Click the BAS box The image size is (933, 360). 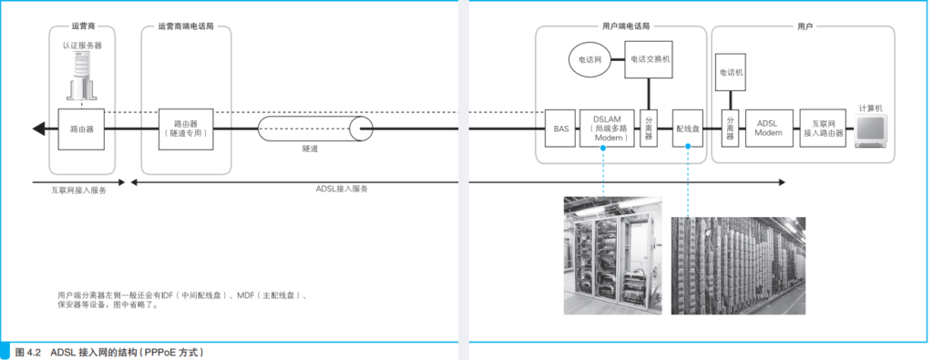click(x=561, y=128)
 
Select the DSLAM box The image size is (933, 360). click(x=607, y=128)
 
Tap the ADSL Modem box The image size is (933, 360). click(x=769, y=128)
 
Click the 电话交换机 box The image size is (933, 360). click(x=648, y=59)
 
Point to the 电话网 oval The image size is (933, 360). click(x=590, y=60)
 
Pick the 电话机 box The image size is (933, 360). click(x=732, y=73)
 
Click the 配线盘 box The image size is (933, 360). click(x=687, y=128)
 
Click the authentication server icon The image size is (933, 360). click(x=81, y=75)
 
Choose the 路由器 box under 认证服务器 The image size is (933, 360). click(x=81, y=128)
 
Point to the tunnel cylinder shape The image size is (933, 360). click(x=315, y=129)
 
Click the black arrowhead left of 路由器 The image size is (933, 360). click(x=39, y=129)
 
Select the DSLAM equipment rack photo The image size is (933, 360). click(x=613, y=256)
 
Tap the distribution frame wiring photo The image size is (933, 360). click(x=738, y=265)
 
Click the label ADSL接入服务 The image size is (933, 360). click(x=343, y=190)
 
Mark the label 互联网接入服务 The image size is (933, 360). click(x=78, y=191)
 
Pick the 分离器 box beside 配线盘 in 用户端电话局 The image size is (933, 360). click(x=648, y=128)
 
